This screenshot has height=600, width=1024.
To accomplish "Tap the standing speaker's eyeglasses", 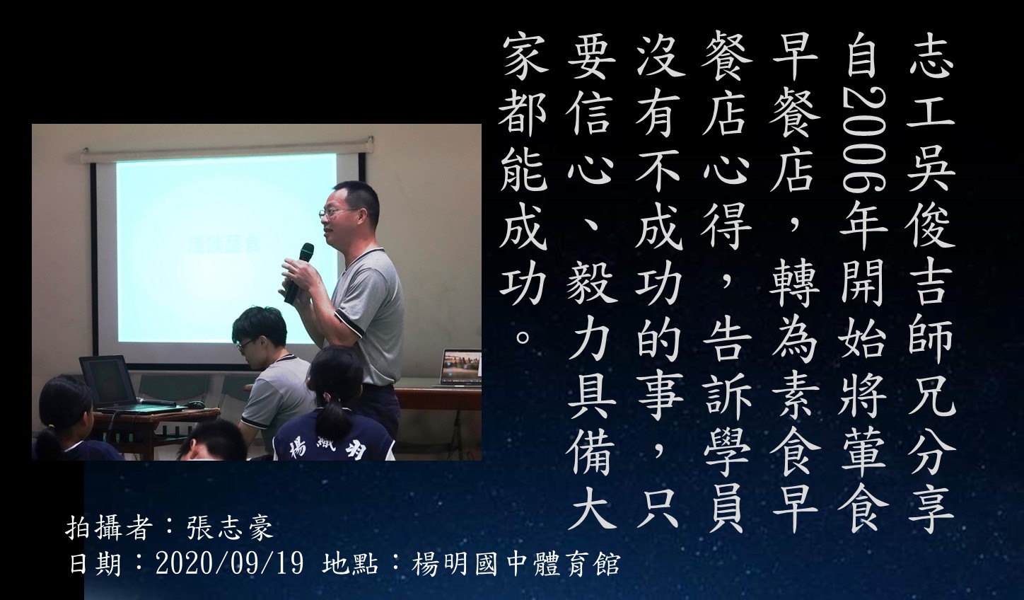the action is coord(337,212).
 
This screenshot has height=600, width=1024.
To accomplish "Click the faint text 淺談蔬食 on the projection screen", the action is coord(224,244).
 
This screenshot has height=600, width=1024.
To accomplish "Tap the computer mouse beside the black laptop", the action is coord(196,404).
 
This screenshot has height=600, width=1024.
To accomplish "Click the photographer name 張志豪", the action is coord(230,529).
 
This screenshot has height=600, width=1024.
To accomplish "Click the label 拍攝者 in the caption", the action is coord(109,529).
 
